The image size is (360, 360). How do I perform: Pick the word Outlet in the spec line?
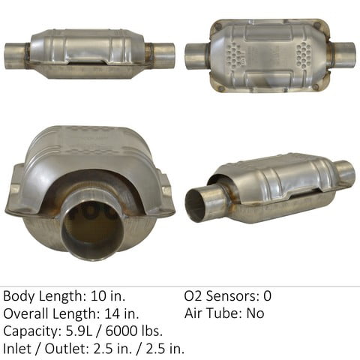[x=64, y=348]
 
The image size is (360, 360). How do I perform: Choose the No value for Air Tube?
[x=255, y=313]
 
